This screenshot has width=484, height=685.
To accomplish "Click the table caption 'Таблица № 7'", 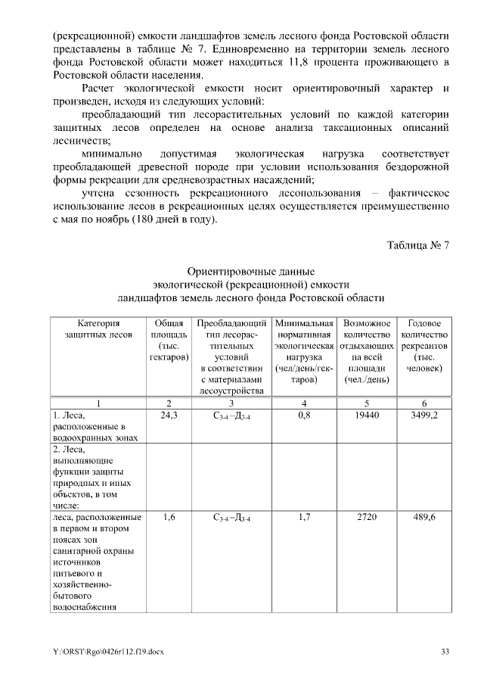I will [417, 246].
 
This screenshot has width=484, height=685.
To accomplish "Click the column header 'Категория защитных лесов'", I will [98, 328].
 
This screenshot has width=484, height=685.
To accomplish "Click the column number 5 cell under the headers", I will [367, 403].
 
